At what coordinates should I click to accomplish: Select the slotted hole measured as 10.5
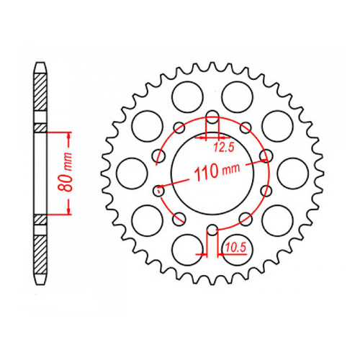(212, 232)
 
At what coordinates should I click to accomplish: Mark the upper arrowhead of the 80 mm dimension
(69, 135)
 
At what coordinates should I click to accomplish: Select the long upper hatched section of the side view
(41, 101)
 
